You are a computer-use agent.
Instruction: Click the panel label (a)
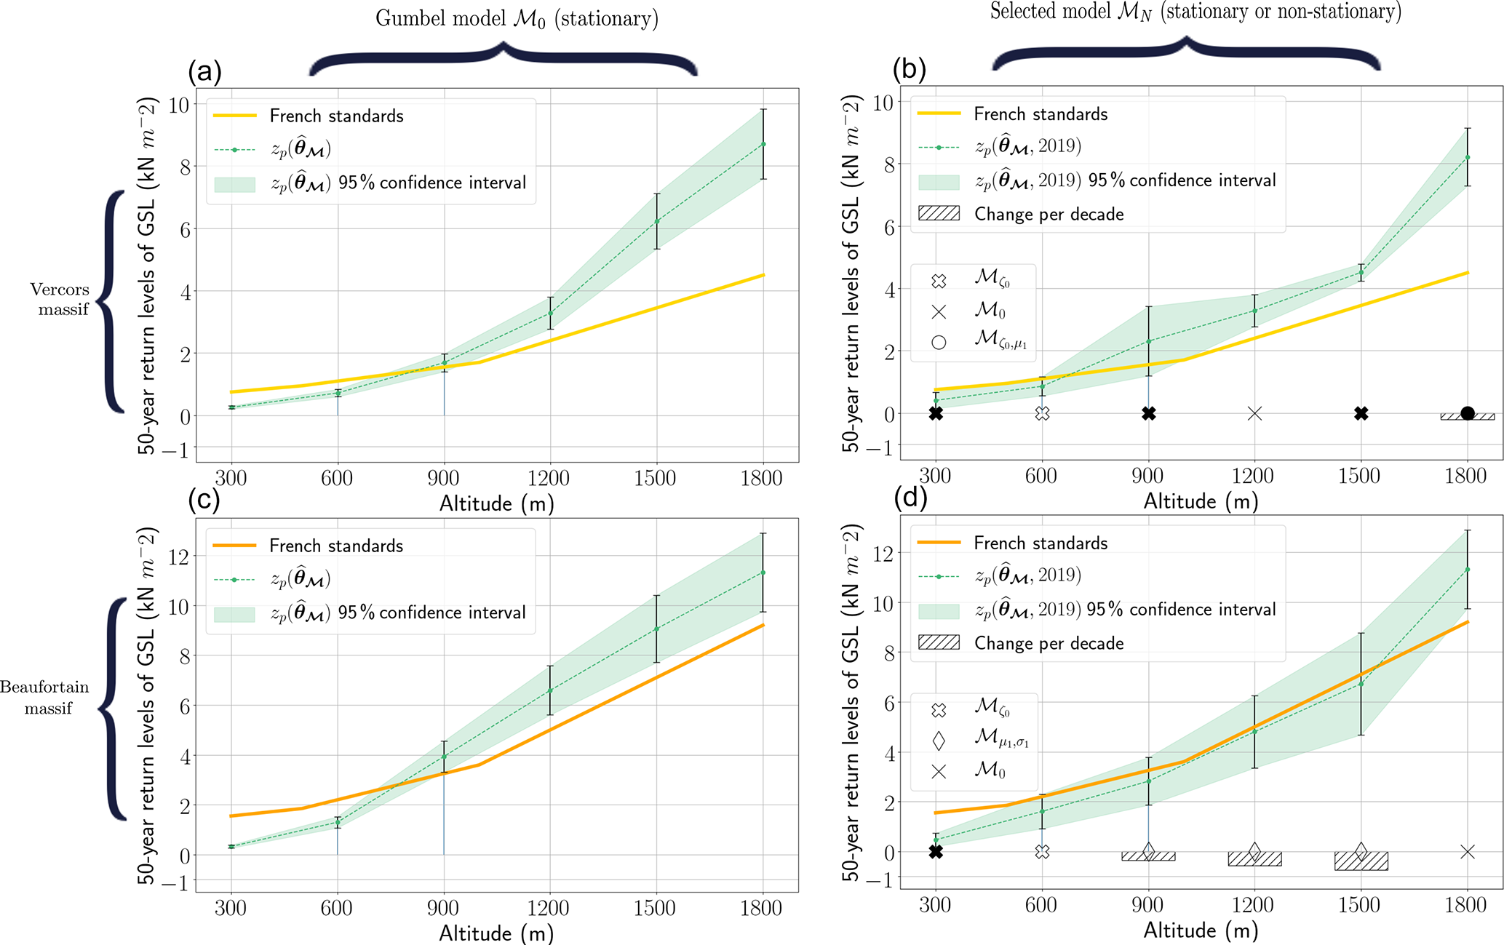tap(204, 71)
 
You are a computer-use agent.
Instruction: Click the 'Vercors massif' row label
tap(60, 299)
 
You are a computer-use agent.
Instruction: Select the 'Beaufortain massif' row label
tap(45, 697)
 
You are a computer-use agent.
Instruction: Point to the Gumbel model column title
tap(517, 18)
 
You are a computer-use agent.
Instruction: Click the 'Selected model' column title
tap(1195, 12)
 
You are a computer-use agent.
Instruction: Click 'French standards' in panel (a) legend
tap(336, 116)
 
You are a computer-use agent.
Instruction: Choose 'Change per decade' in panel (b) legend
tap(1049, 214)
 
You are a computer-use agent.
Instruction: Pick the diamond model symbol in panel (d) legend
tap(939, 741)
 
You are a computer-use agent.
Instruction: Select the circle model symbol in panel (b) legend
tap(939, 342)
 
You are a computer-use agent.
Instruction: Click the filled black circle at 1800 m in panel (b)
tap(1468, 413)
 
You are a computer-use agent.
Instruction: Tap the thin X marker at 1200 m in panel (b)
tap(1254, 413)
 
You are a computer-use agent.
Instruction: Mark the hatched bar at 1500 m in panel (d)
tap(1361, 861)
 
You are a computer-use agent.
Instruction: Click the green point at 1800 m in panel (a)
tap(763, 144)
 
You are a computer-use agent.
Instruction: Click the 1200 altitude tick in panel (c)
tap(549, 907)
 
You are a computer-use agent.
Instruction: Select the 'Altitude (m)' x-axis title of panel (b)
tap(1201, 501)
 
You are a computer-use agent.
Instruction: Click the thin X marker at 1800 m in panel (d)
tap(1468, 852)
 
